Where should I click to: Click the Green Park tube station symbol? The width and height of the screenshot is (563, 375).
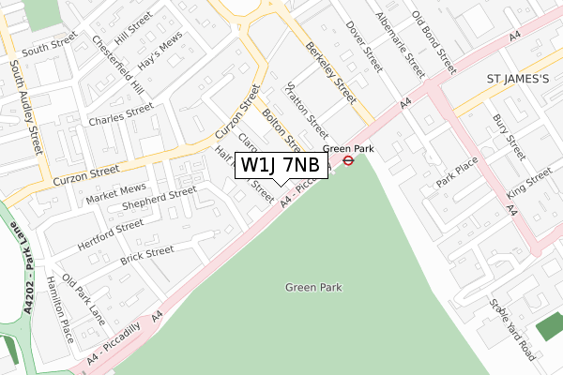click(347, 160)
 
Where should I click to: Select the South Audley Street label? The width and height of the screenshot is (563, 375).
click(26, 107)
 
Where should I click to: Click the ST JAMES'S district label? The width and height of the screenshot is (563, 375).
click(513, 80)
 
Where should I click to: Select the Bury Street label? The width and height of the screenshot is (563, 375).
click(509, 138)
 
